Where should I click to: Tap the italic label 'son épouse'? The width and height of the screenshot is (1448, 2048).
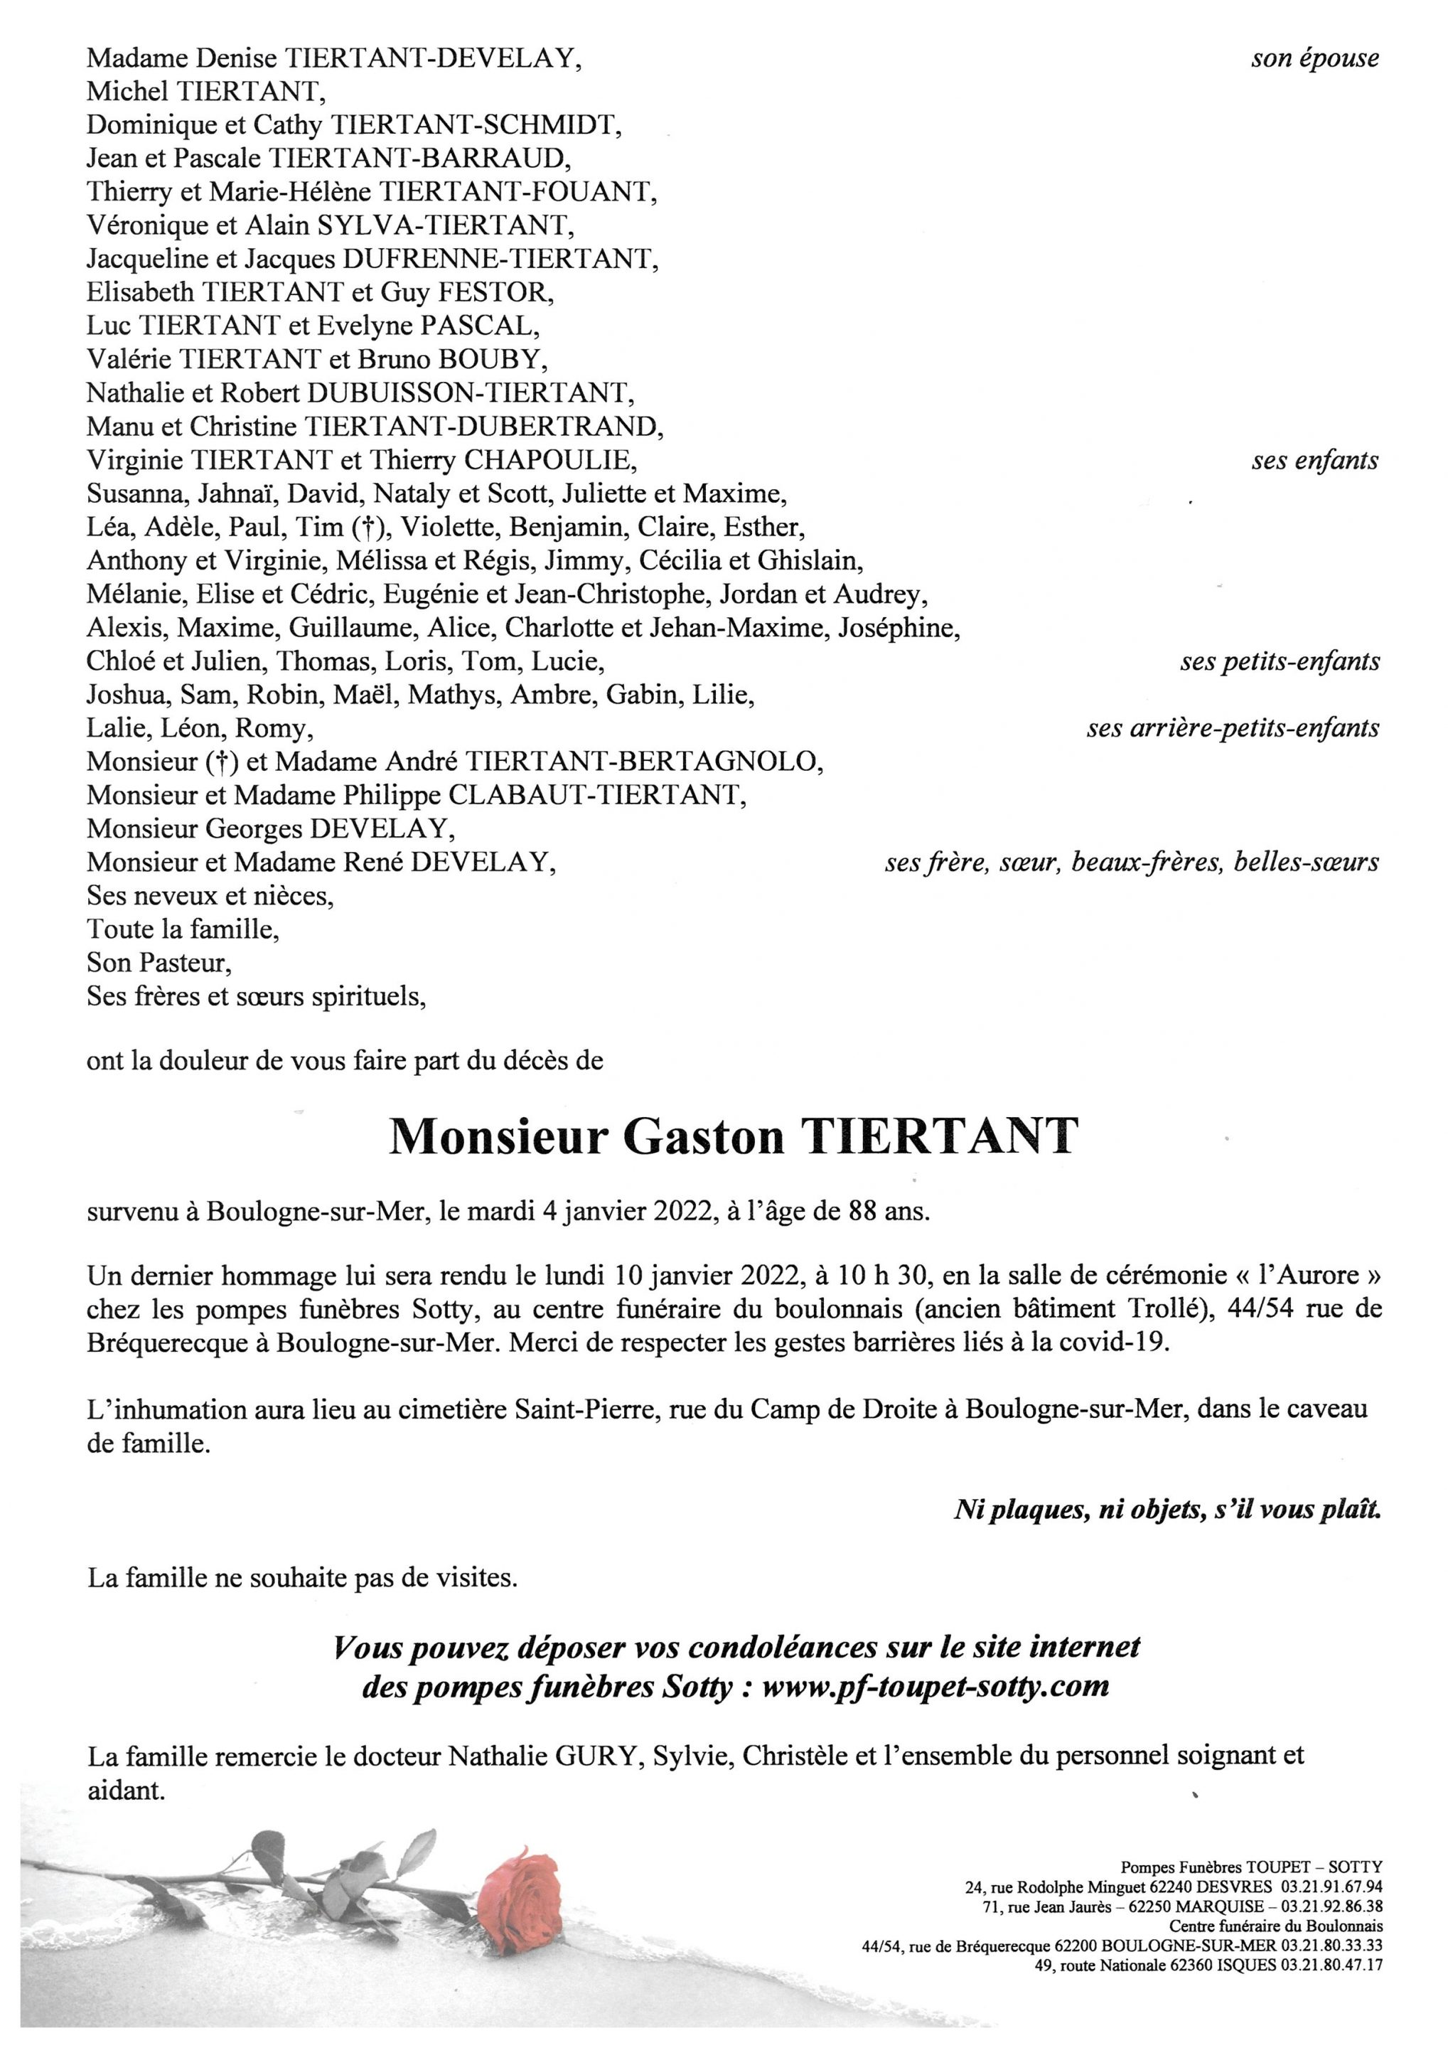1314,59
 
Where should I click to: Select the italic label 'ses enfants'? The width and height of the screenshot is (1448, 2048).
1314,462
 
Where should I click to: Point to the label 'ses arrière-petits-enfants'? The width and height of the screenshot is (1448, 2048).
1232,729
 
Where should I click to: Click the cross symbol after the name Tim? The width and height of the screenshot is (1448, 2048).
362,528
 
